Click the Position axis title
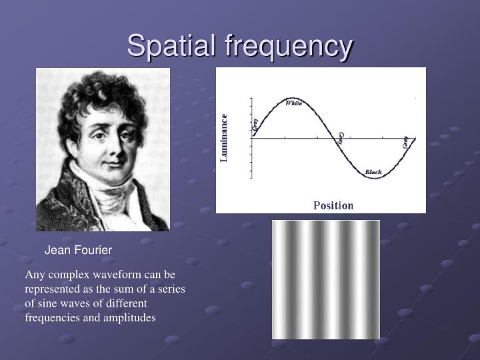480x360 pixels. coord(333,205)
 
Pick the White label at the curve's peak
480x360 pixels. coord(293,103)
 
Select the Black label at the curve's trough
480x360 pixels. coord(373,173)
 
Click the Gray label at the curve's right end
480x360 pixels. coord(405,141)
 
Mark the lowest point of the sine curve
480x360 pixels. coord(375,178)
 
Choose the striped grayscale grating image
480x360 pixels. coord(325,279)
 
